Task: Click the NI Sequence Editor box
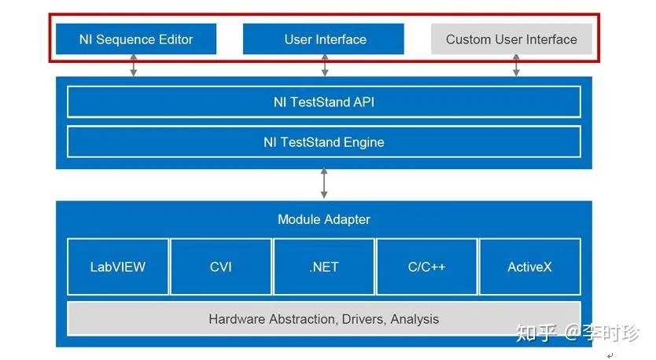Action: (x=135, y=39)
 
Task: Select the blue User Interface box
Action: (x=323, y=39)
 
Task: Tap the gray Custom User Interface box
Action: (x=511, y=39)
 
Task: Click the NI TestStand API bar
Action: (x=323, y=102)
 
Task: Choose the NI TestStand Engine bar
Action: (x=323, y=142)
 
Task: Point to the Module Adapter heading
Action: (x=323, y=219)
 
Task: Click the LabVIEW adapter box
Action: (x=118, y=266)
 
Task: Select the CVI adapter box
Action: (x=221, y=266)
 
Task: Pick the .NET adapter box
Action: (x=323, y=266)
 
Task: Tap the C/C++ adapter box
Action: (x=426, y=266)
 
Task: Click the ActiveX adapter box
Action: (x=529, y=266)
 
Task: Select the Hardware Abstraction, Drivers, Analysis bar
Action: (x=323, y=319)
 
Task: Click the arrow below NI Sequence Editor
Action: (x=134, y=66)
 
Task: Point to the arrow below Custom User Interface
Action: (x=516, y=66)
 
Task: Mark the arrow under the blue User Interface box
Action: (x=324, y=66)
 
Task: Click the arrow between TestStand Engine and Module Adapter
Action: (x=324, y=184)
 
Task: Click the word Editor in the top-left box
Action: (x=173, y=39)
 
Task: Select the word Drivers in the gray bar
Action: (x=356, y=319)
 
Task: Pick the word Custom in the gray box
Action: (x=470, y=39)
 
